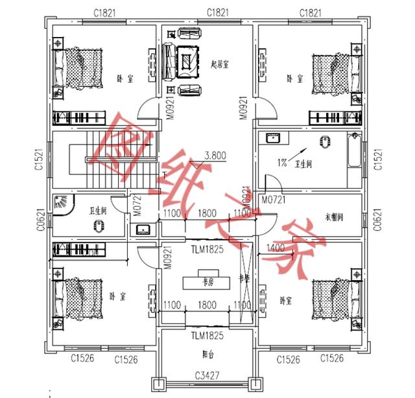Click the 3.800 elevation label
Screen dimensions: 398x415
tap(215, 156)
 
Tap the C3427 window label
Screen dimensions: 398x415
tap(207, 374)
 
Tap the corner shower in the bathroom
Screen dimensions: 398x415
tap(63, 204)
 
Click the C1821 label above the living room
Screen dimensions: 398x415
tap(217, 12)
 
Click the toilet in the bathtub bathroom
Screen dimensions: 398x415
tap(325, 142)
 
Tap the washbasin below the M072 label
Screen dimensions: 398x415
tap(143, 229)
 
